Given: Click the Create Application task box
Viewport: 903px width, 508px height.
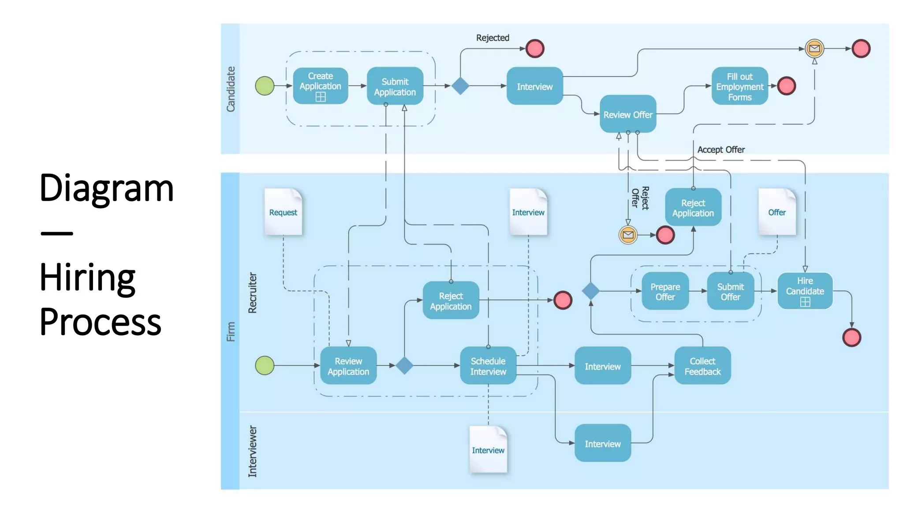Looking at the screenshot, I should tap(320, 86).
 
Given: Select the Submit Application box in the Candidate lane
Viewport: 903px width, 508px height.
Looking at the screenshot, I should tap(395, 86).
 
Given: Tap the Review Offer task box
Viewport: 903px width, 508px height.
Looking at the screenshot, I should tap(627, 114).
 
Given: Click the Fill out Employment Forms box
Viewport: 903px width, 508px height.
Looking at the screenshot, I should tap(739, 86).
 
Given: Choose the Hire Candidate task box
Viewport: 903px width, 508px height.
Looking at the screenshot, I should tap(805, 291).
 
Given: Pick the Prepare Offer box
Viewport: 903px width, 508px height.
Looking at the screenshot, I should tap(665, 291).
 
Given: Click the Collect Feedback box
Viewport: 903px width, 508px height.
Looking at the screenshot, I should tap(702, 366).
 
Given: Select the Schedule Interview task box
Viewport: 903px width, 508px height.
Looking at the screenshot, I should tap(488, 366).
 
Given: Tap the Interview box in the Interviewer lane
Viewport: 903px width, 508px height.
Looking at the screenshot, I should tap(602, 443).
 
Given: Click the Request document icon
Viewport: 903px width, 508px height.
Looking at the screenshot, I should tap(283, 212).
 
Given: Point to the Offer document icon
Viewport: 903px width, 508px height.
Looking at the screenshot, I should tap(777, 212).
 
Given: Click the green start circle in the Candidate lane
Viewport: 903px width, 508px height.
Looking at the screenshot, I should tap(265, 86).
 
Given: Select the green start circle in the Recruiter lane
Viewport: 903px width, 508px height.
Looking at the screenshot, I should tap(265, 365).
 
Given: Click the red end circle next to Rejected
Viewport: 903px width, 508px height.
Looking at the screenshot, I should tap(535, 49).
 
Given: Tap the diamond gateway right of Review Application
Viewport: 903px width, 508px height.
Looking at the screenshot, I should tap(404, 366).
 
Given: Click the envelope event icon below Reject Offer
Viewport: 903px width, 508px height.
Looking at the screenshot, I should tap(628, 235).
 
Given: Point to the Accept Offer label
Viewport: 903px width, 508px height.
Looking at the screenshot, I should tap(721, 149).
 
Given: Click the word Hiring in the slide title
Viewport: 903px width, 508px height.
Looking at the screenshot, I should tap(87, 277).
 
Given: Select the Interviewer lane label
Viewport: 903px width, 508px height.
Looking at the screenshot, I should tap(252, 451).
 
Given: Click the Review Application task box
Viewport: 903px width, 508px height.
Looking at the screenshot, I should tap(348, 366).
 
